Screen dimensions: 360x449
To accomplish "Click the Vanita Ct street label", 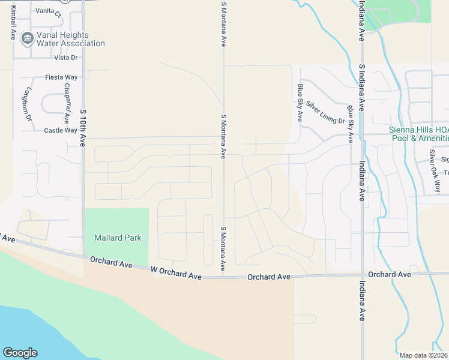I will [x=49, y=11].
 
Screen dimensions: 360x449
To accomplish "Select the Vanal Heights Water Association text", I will [x=71, y=39].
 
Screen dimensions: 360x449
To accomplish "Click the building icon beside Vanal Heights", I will [x=27, y=39].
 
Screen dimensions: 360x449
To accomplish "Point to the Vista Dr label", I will [x=66, y=58].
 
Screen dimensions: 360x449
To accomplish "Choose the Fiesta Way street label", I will [x=62, y=77].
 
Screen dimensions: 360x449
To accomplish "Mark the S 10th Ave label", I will [x=83, y=127].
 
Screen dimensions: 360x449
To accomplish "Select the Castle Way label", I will [x=61, y=130].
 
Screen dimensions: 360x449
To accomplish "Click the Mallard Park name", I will [x=118, y=238].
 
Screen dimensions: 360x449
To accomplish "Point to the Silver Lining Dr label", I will [x=325, y=112].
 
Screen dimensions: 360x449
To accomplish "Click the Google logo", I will [x=20, y=353].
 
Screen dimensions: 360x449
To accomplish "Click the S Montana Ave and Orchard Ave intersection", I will [x=223, y=277].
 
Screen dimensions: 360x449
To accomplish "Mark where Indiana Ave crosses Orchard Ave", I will [x=362, y=275].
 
